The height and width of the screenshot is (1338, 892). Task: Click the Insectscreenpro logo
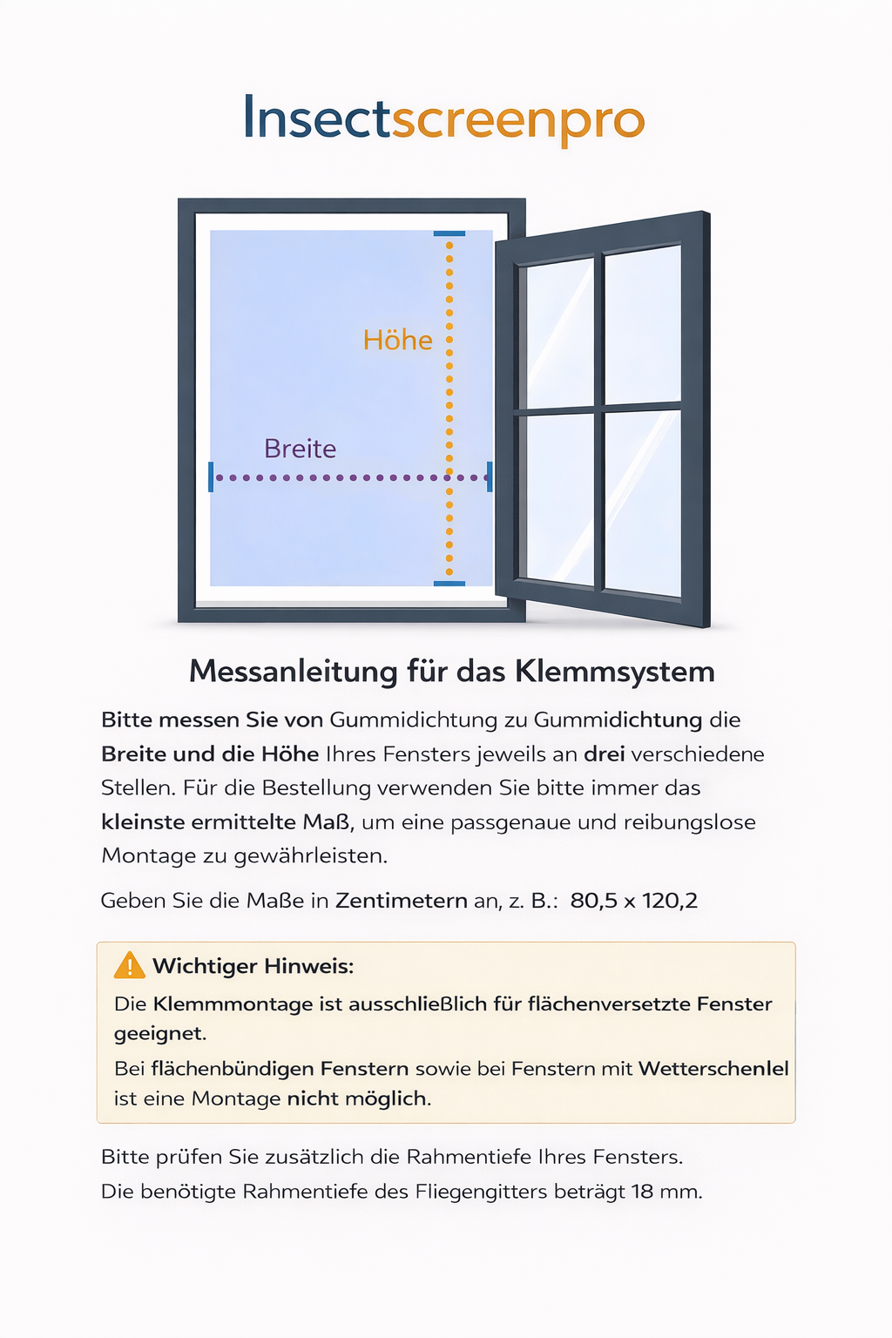444,118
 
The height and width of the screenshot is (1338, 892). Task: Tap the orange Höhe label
397,340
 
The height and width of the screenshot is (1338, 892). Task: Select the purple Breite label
300,449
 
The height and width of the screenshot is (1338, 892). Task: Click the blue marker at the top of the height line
449,233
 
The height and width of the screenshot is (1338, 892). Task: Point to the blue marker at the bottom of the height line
449,584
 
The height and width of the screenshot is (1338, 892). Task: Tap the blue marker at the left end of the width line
211,476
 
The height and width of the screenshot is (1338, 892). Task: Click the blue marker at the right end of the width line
490,476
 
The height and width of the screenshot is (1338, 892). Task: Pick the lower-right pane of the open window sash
642,503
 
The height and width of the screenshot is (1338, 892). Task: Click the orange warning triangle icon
129,965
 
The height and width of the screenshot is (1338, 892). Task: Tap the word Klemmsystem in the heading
614,672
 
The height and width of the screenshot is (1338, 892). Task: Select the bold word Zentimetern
402,901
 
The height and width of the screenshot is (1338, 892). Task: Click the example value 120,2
670,901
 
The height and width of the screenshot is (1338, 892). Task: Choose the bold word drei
605,754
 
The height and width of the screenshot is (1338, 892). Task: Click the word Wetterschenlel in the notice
713,1069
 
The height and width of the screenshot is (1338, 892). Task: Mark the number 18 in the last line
643,1192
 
